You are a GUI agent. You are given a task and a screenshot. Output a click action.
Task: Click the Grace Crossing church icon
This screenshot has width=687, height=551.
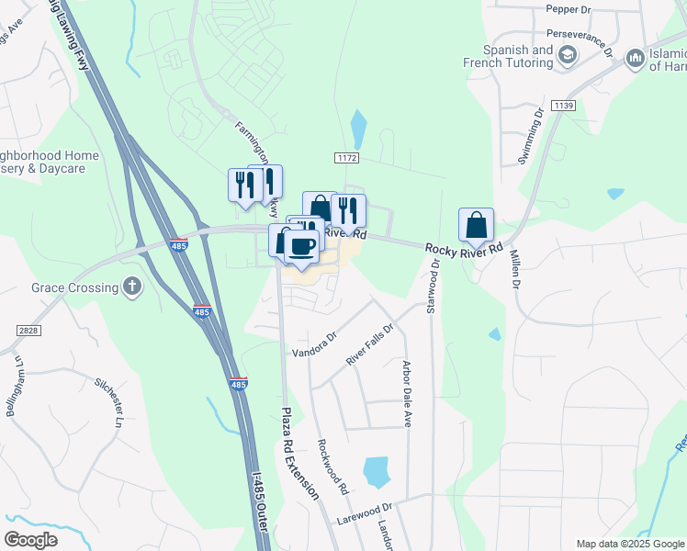click(133, 287)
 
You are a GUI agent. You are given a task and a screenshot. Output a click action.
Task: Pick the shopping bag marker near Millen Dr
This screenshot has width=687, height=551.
click(477, 225)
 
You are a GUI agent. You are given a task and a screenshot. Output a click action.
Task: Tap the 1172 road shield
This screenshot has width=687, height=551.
click(345, 159)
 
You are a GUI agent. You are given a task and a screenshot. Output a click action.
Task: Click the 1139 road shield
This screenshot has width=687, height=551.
click(564, 107)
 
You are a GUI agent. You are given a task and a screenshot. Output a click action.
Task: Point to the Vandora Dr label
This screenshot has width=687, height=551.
click(314, 344)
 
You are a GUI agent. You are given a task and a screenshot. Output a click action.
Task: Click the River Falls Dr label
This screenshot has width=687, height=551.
click(369, 344)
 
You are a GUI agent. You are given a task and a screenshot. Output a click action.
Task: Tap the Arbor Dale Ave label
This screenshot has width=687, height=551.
click(406, 393)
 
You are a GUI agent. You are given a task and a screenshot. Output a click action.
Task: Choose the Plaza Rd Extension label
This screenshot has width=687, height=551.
click(299, 454)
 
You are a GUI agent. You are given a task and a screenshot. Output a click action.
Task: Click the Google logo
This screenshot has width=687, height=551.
click(31, 539)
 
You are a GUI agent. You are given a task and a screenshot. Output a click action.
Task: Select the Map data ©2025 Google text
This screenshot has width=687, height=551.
click(629, 543)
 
